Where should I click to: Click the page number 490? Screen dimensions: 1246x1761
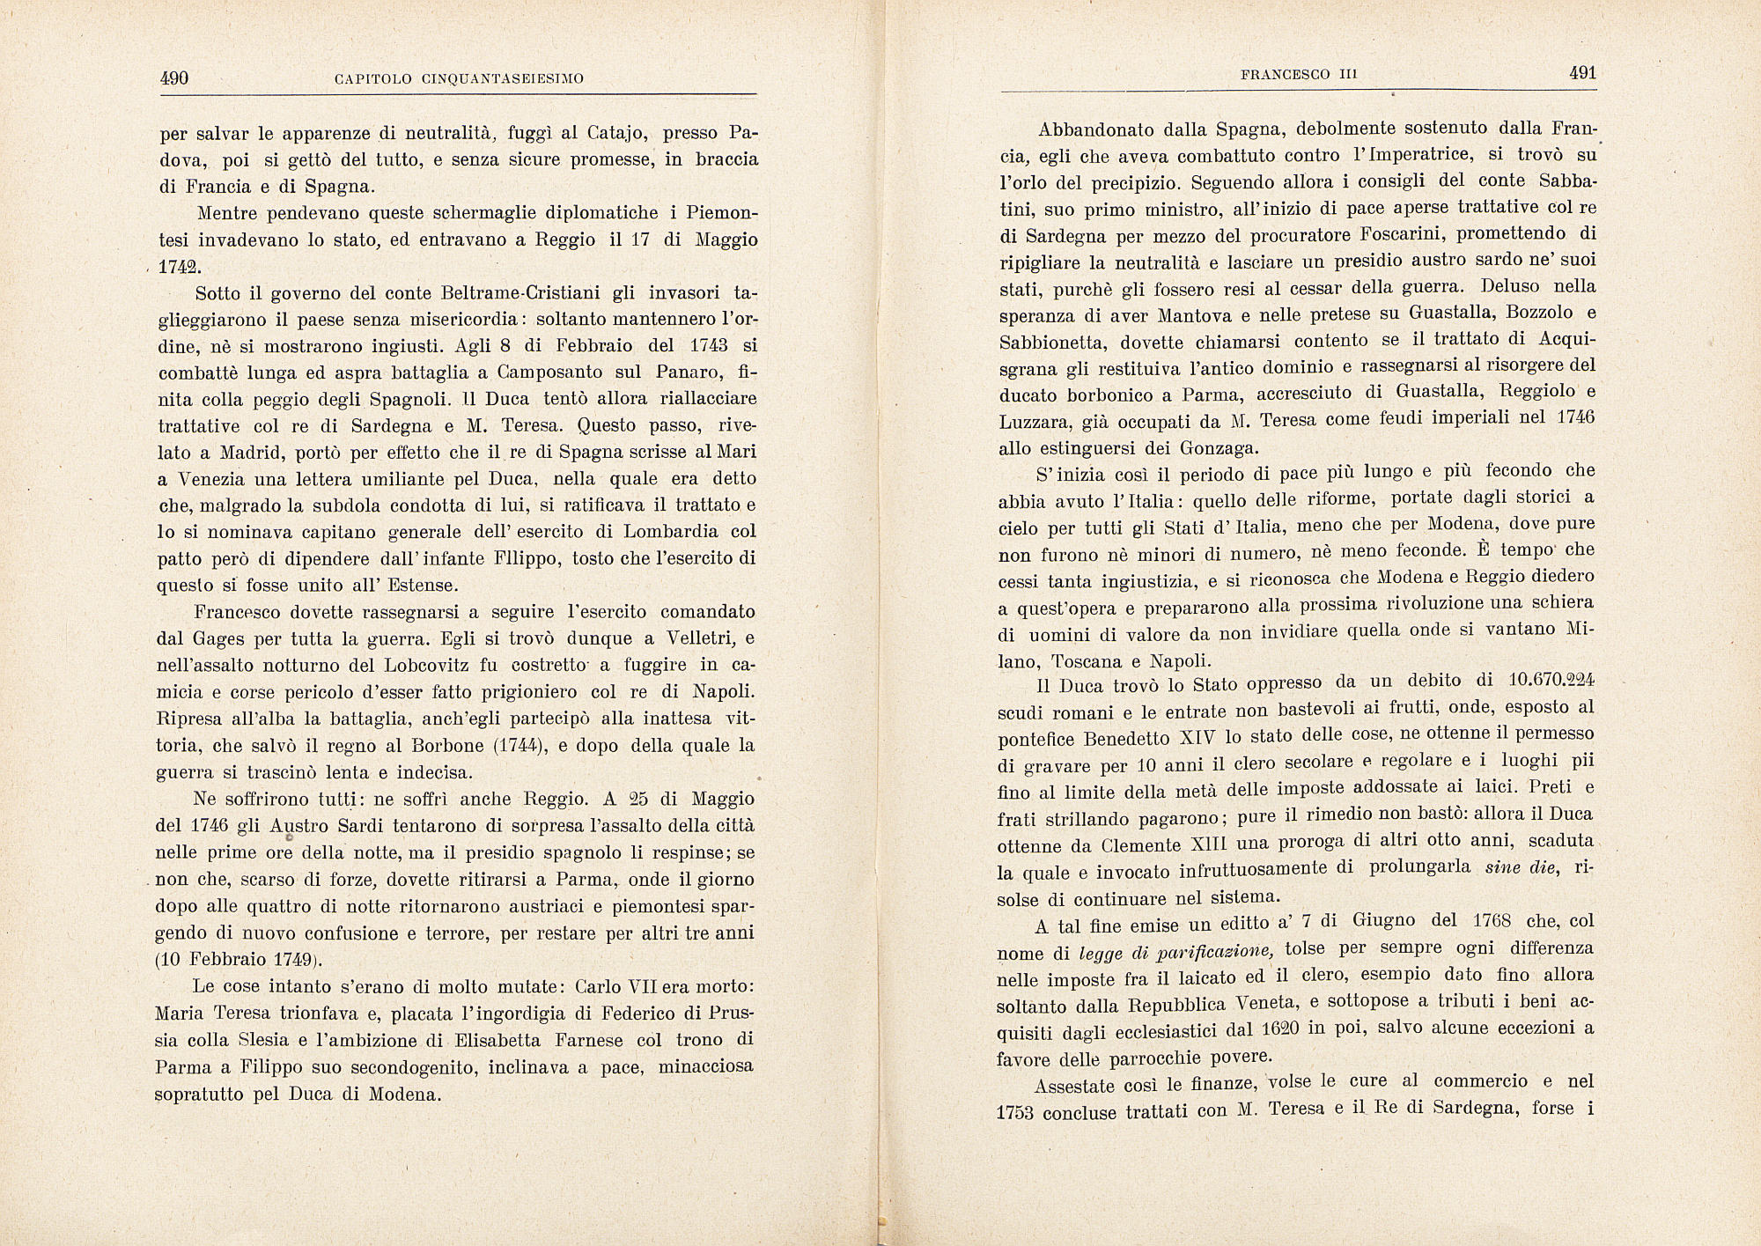click(174, 78)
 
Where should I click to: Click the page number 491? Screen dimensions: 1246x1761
click(1582, 74)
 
